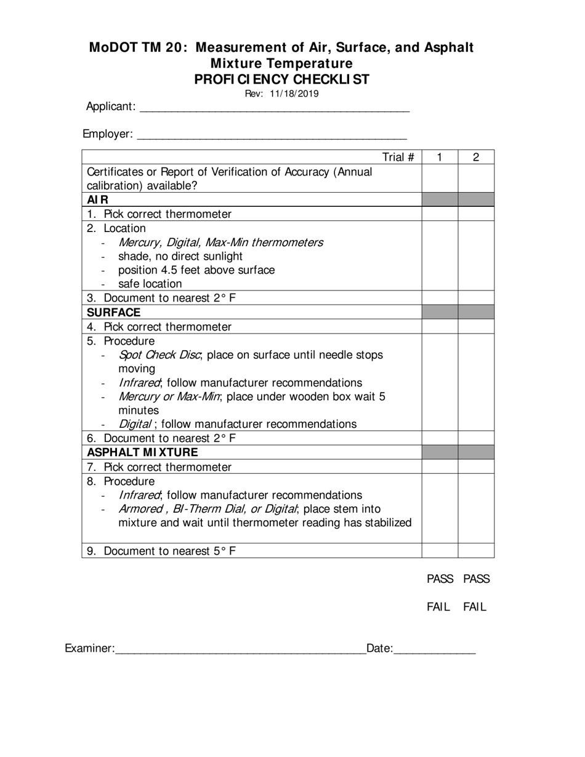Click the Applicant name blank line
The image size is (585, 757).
pos(275,107)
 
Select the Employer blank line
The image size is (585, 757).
pos(271,135)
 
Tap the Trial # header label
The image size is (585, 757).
pos(398,157)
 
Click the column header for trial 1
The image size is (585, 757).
pos(440,157)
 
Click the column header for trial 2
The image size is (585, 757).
pos(476,157)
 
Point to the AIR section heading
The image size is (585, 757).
pos(98,199)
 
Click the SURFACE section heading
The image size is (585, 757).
pos(114,313)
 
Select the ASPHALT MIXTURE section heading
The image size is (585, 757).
pos(142,452)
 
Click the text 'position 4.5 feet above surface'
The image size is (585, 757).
pos(196,270)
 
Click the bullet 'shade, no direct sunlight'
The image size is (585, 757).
pos(180,256)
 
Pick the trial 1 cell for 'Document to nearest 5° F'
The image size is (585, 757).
pos(440,551)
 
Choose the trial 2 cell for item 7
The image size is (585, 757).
pos(476,467)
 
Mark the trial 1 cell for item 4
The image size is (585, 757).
pos(440,326)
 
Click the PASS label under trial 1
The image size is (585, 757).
pos(440,579)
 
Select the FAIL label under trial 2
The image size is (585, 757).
pos(475,607)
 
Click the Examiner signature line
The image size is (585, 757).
pos(240,649)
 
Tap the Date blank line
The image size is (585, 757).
pos(434,649)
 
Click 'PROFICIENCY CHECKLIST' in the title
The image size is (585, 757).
pos(282,79)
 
